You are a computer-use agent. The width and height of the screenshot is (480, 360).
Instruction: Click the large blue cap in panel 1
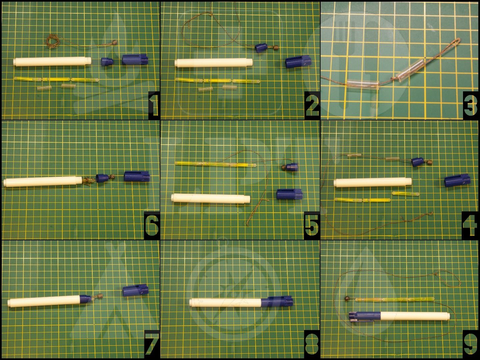(x=135, y=59)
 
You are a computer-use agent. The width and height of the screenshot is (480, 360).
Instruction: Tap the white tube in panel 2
(x=214, y=62)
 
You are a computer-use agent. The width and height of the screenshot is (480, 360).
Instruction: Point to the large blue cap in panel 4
(x=457, y=181)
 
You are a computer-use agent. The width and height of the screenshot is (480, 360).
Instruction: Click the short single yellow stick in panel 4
(x=405, y=194)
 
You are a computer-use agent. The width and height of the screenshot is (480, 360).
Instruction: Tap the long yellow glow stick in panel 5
(x=215, y=164)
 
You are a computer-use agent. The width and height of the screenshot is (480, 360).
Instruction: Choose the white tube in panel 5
(x=211, y=198)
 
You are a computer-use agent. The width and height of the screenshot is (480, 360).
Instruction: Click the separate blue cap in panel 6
(x=137, y=176)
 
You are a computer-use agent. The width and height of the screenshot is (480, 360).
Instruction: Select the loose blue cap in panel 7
(x=135, y=290)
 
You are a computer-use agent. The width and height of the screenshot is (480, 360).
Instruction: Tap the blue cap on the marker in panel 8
(x=277, y=301)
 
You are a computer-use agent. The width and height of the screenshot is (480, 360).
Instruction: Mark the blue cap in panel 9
(x=365, y=317)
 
